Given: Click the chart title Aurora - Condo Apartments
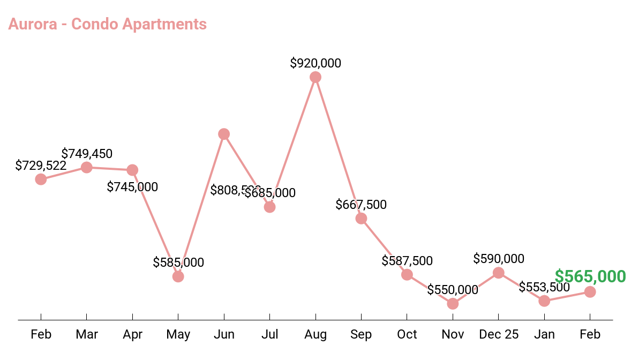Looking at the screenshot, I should (107, 24).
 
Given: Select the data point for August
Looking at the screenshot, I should (315, 77).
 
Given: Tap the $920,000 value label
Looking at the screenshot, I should (315, 63).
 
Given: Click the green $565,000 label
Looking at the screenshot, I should (590, 276).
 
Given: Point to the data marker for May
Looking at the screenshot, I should (178, 276).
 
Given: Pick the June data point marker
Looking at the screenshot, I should (224, 134).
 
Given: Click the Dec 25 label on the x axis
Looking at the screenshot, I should (499, 335).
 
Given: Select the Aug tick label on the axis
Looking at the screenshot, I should (315, 335).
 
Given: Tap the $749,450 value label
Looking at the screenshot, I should (87, 154).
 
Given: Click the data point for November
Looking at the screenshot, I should (453, 304).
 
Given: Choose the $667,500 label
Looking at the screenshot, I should (361, 205).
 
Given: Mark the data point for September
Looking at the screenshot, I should (361, 219).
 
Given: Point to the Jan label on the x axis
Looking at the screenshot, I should (544, 335).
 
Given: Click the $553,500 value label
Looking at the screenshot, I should (544, 287).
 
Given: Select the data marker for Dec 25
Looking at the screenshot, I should (499, 273).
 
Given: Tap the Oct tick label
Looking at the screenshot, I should (407, 335).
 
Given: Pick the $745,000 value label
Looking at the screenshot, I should (132, 187).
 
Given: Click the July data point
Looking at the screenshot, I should (270, 207).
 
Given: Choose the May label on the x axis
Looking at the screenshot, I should (178, 335).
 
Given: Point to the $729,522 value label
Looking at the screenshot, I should (41, 166).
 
